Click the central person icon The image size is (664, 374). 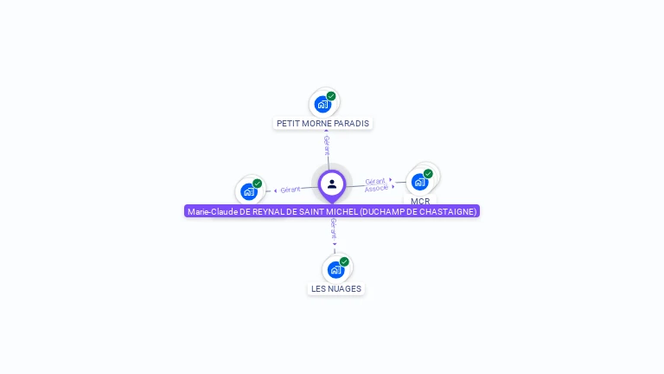[332, 184]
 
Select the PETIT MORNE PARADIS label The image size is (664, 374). [322, 123]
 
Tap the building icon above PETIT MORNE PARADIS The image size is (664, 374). [322, 104]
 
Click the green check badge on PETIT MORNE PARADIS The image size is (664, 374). [331, 96]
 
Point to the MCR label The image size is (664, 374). [420, 201]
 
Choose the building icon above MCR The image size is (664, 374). [419, 182]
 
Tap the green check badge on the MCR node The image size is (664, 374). [428, 173]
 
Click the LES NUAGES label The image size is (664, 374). [336, 288]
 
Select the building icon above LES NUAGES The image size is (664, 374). [335, 269]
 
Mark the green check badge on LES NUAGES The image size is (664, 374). [344, 261]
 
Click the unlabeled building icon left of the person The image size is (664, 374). [249, 191]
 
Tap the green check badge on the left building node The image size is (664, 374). [257, 184]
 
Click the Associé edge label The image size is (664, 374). [376, 188]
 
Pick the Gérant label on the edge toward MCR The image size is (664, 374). [374, 181]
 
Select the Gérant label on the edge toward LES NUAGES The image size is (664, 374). [334, 229]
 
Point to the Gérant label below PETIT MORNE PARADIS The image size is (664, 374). [327, 145]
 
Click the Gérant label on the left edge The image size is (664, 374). [290, 189]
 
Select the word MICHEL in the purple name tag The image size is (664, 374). [342, 211]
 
